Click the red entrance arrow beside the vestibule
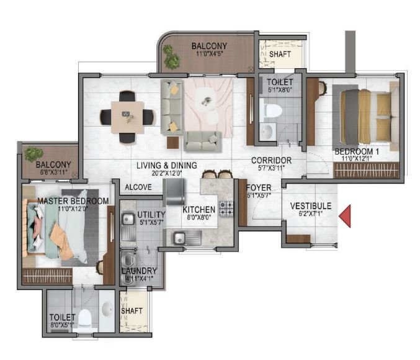[347, 215]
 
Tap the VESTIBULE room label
[311, 206]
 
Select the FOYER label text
[258, 188]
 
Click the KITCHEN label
[199, 210]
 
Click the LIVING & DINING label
[167, 165]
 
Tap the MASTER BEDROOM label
[73, 201]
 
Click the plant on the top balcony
[172, 56]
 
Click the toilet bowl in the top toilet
[271, 110]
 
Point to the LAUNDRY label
[139, 271]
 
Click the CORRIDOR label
[271, 160]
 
